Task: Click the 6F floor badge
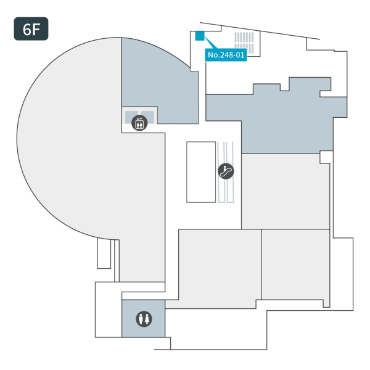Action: (x=31, y=29)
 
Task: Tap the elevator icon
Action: (x=139, y=123)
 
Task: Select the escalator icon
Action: (x=226, y=171)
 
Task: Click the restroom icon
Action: (x=144, y=319)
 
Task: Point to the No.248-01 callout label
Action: (x=226, y=55)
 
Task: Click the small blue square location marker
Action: (x=199, y=36)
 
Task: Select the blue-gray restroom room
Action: (x=143, y=319)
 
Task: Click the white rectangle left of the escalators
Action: (x=201, y=172)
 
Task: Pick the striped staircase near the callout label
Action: (x=244, y=43)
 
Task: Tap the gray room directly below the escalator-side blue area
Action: (x=286, y=191)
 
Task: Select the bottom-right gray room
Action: (x=295, y=265)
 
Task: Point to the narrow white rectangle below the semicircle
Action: (x=104, y=253)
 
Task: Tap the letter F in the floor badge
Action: (x=36, y=30)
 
